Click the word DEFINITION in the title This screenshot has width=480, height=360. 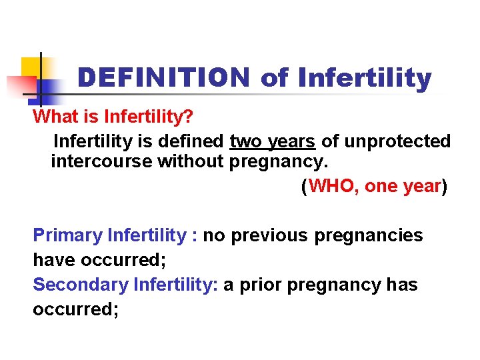tap(163, 79)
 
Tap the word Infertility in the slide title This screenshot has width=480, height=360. tap(365, 79)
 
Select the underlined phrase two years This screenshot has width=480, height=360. tap(272, 141)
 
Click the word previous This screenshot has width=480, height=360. tap(270, 235)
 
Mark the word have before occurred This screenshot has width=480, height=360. tap(52, 260)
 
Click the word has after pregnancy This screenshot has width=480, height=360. tap(402, 285)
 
